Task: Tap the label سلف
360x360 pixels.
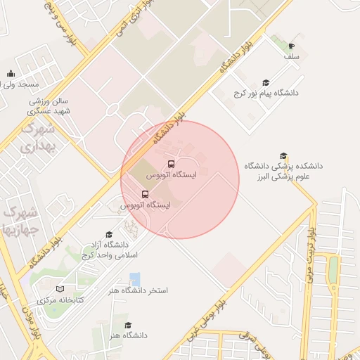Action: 292,56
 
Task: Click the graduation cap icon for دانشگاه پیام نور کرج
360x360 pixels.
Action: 265,83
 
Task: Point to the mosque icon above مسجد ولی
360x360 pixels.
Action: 10,73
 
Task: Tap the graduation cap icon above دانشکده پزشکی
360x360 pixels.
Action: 283,156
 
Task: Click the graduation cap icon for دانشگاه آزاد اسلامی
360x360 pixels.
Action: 109,234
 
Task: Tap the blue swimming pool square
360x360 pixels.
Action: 134,278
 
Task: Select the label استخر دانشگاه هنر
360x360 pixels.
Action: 139,290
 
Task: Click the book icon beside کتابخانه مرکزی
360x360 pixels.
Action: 60,290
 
